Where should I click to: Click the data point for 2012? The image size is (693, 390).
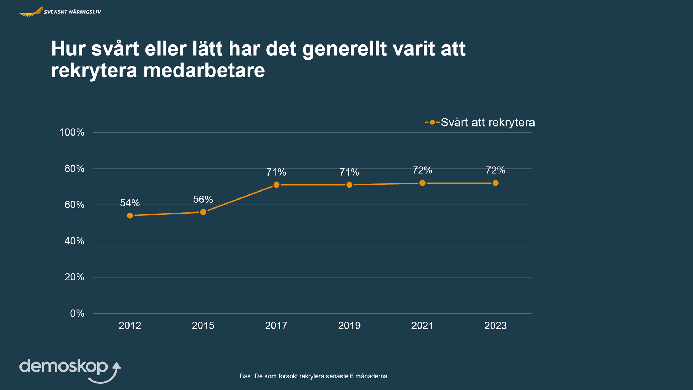(130, 215)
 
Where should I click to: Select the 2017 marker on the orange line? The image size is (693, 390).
(276, 185)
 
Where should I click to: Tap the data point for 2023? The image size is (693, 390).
(496, 183)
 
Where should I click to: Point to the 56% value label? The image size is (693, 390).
(203, 199)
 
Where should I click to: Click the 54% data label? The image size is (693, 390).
(130, 203)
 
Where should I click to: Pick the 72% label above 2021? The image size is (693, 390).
(422, 170)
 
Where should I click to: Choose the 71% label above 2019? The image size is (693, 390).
(349, 172)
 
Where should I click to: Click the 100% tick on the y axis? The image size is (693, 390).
(72, 132)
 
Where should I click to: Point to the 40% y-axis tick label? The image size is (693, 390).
(74, 241)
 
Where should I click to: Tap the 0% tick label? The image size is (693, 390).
(77, 313)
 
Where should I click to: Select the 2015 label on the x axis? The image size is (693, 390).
(203, 325)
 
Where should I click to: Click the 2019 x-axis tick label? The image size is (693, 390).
(349, 325)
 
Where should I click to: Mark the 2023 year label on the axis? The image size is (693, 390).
(495, 325)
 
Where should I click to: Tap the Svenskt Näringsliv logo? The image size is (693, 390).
(60, 12)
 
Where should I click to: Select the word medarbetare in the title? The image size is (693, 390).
(204, 70)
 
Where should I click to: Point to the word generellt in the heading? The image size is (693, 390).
(344, 49)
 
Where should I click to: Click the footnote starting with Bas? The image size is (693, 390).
(313, 376)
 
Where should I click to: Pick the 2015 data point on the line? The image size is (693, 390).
(203, 212)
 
